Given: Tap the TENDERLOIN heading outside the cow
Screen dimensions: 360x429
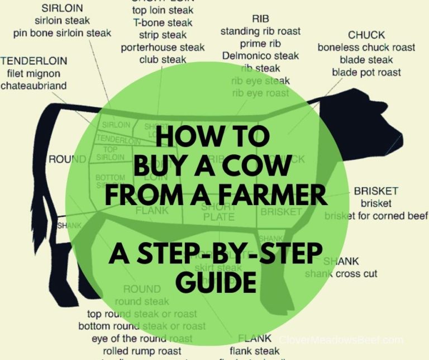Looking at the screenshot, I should (34, 61).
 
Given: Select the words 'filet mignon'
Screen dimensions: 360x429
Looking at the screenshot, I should (34, 73).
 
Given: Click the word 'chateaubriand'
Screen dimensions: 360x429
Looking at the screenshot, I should (34, 86).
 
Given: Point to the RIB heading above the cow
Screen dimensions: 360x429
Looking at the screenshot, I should (260, 19).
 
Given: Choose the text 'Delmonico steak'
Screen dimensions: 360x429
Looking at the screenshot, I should (260, 56).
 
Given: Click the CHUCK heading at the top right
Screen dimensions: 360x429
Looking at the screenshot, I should (366, 35).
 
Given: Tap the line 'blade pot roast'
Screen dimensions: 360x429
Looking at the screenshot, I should (366, 72).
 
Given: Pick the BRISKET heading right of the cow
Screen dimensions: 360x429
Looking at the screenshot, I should (376, 192).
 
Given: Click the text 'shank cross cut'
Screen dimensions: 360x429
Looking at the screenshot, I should (341, 274).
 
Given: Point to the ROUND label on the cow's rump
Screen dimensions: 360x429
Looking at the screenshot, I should (67, 159).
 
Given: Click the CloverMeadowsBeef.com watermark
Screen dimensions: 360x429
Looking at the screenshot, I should (341, 339).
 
